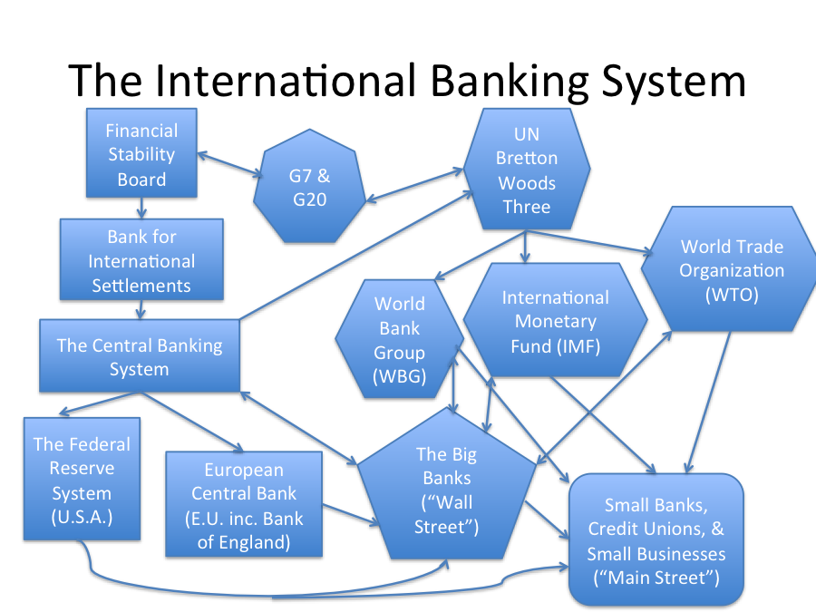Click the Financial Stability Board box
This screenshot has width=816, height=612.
141,154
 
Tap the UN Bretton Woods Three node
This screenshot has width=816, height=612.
527,170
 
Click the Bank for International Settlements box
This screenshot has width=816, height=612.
141,260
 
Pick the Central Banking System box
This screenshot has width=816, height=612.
139,356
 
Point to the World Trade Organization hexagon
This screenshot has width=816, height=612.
732,269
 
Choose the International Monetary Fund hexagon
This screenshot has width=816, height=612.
555,321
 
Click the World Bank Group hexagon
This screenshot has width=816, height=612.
400,341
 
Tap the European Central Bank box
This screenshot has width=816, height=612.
244,505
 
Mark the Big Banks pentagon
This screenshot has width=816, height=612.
445,491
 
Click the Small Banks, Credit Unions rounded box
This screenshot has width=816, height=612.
656,540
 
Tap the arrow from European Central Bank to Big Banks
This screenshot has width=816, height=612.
350,512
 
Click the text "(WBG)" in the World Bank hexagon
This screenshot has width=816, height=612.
400,377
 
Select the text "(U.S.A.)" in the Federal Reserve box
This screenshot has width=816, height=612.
82,519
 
